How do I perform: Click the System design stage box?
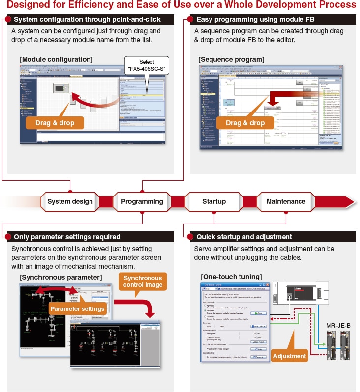pyautogui.click(x=70, y=201)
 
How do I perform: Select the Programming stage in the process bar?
pyautogui.click(x=142, y=201)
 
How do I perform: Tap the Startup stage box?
pyautogui.click(x=214, y=201)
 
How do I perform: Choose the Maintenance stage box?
pyautogui.click(x=286, y=201)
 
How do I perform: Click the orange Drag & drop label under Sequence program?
pyautogui.click(x=245, y=123)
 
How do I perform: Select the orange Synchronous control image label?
pyautogui.click(x=143, y=281)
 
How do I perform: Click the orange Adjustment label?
pyautogui.click(x=289, y=356)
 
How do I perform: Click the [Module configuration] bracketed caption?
pyautogui.click(x=56, y=59)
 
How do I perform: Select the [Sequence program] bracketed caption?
pyautogui.click(x=231, y=59)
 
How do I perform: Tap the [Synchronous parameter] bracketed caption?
pyautogui.click(x=61, y=277)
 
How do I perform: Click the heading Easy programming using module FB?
pyautogui.click(x=255, y=20)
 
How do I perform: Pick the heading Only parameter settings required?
pyautogui.click(x=67, y=237)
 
